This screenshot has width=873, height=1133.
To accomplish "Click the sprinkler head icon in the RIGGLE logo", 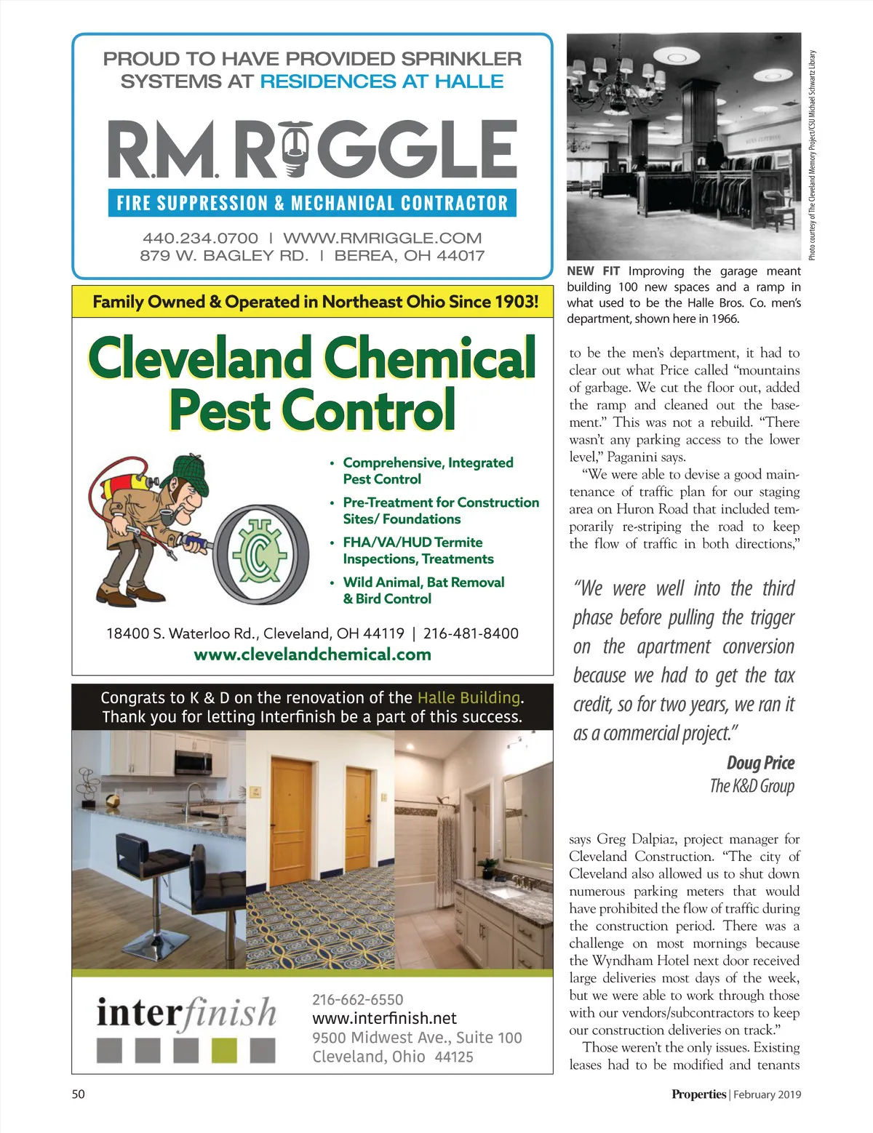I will coord(293,149).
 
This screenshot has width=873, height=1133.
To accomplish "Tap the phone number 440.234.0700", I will coord(200,238).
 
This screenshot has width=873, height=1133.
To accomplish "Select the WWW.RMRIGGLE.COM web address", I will coord(382,238).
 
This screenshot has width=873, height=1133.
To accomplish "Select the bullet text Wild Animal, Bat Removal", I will coord(423,582).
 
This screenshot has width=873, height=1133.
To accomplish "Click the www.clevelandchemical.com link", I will coord(312,654).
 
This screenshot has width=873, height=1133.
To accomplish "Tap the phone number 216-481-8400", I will coord(471,633).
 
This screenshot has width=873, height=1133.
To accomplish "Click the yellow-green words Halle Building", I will coord(469,697).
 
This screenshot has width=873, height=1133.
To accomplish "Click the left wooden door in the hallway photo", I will coord(291,807).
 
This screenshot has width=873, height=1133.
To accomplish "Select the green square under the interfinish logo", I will coord(224,1051).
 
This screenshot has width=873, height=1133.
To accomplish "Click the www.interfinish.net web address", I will coord(384,1018).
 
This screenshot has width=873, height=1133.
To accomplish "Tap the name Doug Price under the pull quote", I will coord(760,763).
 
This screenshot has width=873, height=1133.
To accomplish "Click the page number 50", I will coord(78,1094).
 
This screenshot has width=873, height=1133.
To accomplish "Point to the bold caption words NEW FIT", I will coord(593,271).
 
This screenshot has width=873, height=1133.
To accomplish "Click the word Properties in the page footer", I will coord(698,1094).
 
